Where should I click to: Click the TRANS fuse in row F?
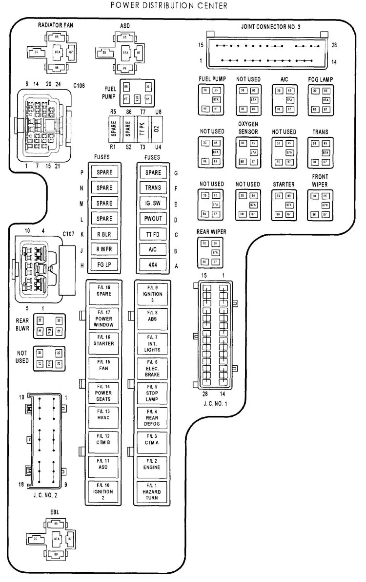153,188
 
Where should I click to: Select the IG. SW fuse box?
153,204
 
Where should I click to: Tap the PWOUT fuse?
153,219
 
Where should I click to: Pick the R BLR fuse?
104,235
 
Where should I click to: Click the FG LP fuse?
104,265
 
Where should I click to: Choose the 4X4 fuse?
153,265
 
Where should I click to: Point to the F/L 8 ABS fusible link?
153,315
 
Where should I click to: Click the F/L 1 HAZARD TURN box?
153,491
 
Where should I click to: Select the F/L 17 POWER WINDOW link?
104,319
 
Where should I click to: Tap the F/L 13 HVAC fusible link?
104,415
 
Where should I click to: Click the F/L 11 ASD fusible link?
104,466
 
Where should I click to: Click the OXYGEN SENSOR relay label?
248,128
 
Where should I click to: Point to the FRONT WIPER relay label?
320,180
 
